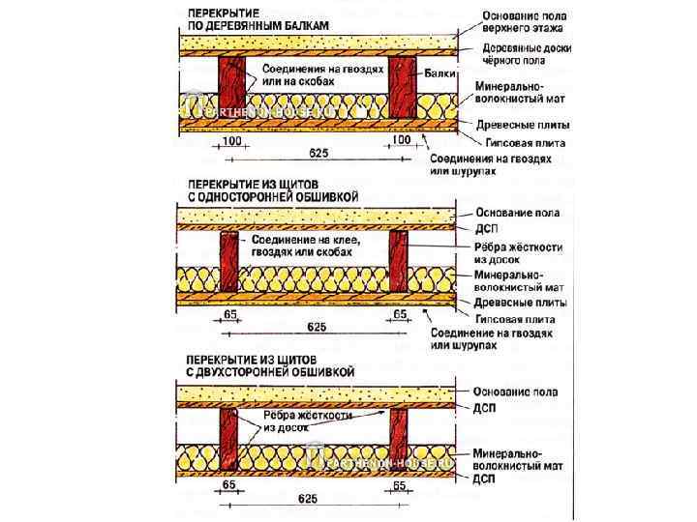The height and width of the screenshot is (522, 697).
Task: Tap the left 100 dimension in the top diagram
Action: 231,142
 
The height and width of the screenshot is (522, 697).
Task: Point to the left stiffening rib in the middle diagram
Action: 230,263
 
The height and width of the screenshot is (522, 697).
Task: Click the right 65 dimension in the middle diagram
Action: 401,315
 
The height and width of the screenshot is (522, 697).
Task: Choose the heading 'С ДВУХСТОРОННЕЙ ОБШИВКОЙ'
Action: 271,371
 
